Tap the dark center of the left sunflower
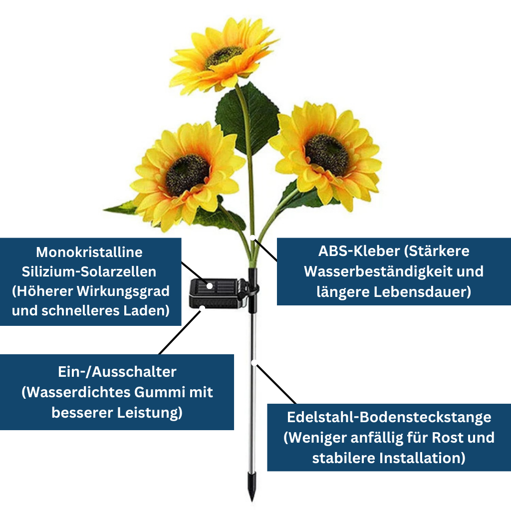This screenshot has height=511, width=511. (187, 174)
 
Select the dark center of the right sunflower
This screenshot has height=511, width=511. (327, 154)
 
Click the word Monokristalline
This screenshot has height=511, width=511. (89, 252)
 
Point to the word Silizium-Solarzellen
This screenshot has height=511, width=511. (89, 271)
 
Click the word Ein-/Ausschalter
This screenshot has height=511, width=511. (117, 372)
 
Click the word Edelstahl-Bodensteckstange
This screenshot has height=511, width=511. (389, 417)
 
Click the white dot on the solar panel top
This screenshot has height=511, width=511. (210, 286)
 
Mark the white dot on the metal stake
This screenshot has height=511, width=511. (254, 362)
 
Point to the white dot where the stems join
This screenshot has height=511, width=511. (253, 237)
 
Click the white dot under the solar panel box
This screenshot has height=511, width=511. (202, 308)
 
